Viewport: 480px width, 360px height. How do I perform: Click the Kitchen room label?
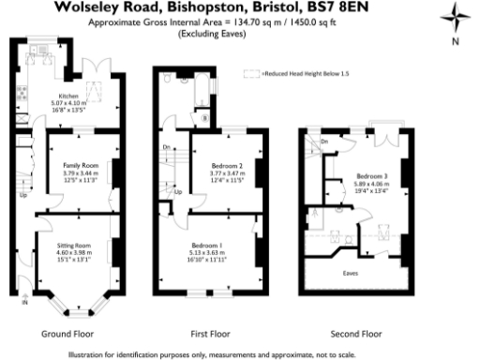[x=68, y=96]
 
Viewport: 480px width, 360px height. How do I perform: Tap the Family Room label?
[x=78, y=164]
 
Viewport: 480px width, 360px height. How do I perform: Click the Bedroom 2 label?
[x=226, y=165]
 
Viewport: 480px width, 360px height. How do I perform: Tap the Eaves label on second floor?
[x=350, y=274]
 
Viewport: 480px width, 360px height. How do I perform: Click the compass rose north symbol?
[x=453, y=19]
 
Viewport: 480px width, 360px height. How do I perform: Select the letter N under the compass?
[x=454, y=42]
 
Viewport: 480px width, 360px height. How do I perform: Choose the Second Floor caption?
[x=357, y=333]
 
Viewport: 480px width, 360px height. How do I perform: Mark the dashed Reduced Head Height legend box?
[x=250, y=72]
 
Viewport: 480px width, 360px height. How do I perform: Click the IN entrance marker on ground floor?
[x=25, y=303]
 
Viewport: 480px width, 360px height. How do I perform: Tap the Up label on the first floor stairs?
[x=176, y=191]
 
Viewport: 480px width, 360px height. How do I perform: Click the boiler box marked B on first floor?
[x=204, y=119]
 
